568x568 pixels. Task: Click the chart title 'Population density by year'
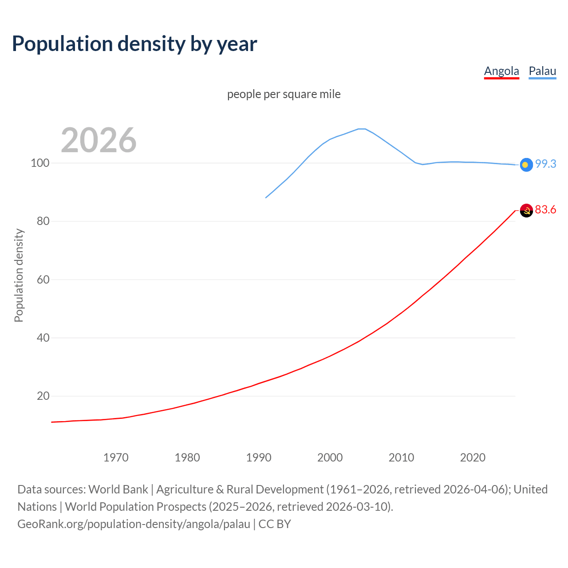pyautogui.click(x=134, y=44)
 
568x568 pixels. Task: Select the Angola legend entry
pyautogui.click(x=501, y=71)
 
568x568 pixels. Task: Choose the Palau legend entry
pyautogui.click(x=542, y=71)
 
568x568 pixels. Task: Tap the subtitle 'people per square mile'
pyautogui.click(x=284, y=94)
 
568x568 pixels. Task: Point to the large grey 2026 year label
pyautogui.click(x=99, y=140)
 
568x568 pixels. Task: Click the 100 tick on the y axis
pyautogui.click(x=39, y=163)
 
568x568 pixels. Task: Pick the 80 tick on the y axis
pyautogui.click(x=43, y=221)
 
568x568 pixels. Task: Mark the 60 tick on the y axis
pyautogui.click(x=43, y=280)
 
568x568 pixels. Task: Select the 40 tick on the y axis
pyautogui.click(x=43, y=338)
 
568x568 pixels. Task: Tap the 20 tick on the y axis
pyautogui.click(x=43, y=396)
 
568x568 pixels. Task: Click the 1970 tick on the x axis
pyautogui.click(x=116, y=458)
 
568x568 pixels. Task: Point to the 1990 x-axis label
pyautogui.click(x=259, y=458)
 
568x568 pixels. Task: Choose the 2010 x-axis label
pyautogui.click(x=401, y=458)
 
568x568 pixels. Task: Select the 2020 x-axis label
pyautogui.click(x=473, y=458)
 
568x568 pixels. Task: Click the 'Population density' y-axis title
pyautogui.click(x=19, y=275)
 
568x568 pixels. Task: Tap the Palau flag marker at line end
pyautogui.click(x=526, y=165)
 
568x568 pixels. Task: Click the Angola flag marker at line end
pyautogui.click(x=526, y=210)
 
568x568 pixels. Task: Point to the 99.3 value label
pyautogui.click(x=545, y=164)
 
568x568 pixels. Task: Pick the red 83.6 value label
pyautogui.click(x=545, y=209)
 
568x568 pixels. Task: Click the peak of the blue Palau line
pyautogui.click(x=362, y=129)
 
